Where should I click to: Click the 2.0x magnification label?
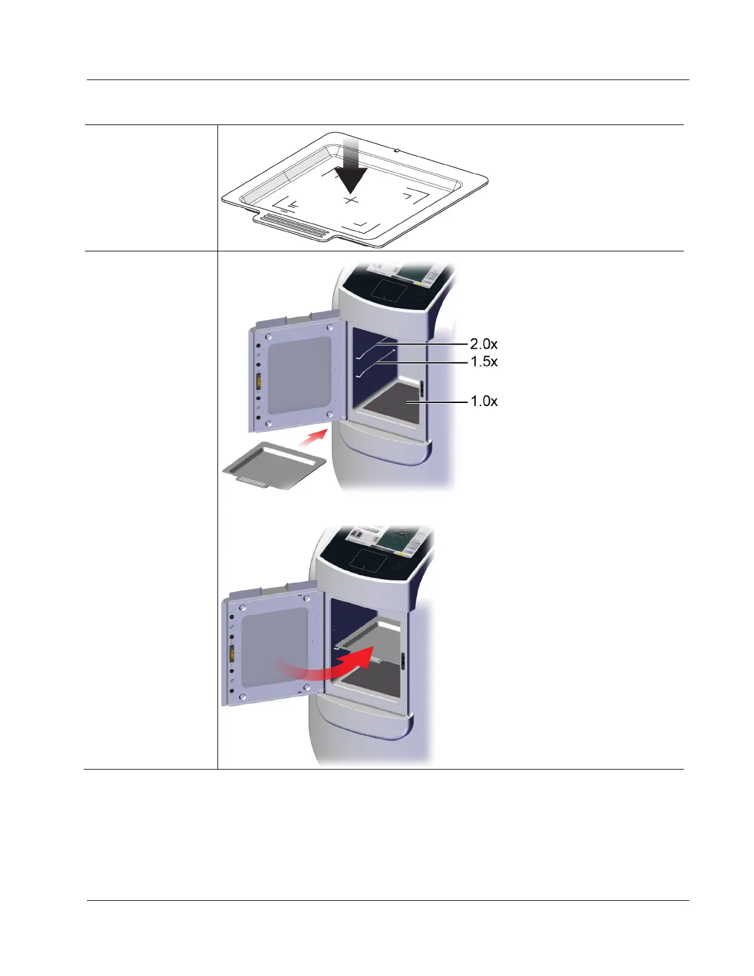(484, 344)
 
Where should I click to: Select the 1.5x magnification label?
(484, 361)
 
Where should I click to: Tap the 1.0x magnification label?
(484, 401)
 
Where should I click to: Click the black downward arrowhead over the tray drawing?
(351, 179)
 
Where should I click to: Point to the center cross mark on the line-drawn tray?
(351, 200)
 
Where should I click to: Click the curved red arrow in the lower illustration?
(326, 664)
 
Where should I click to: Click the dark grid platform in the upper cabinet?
(392, 402)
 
